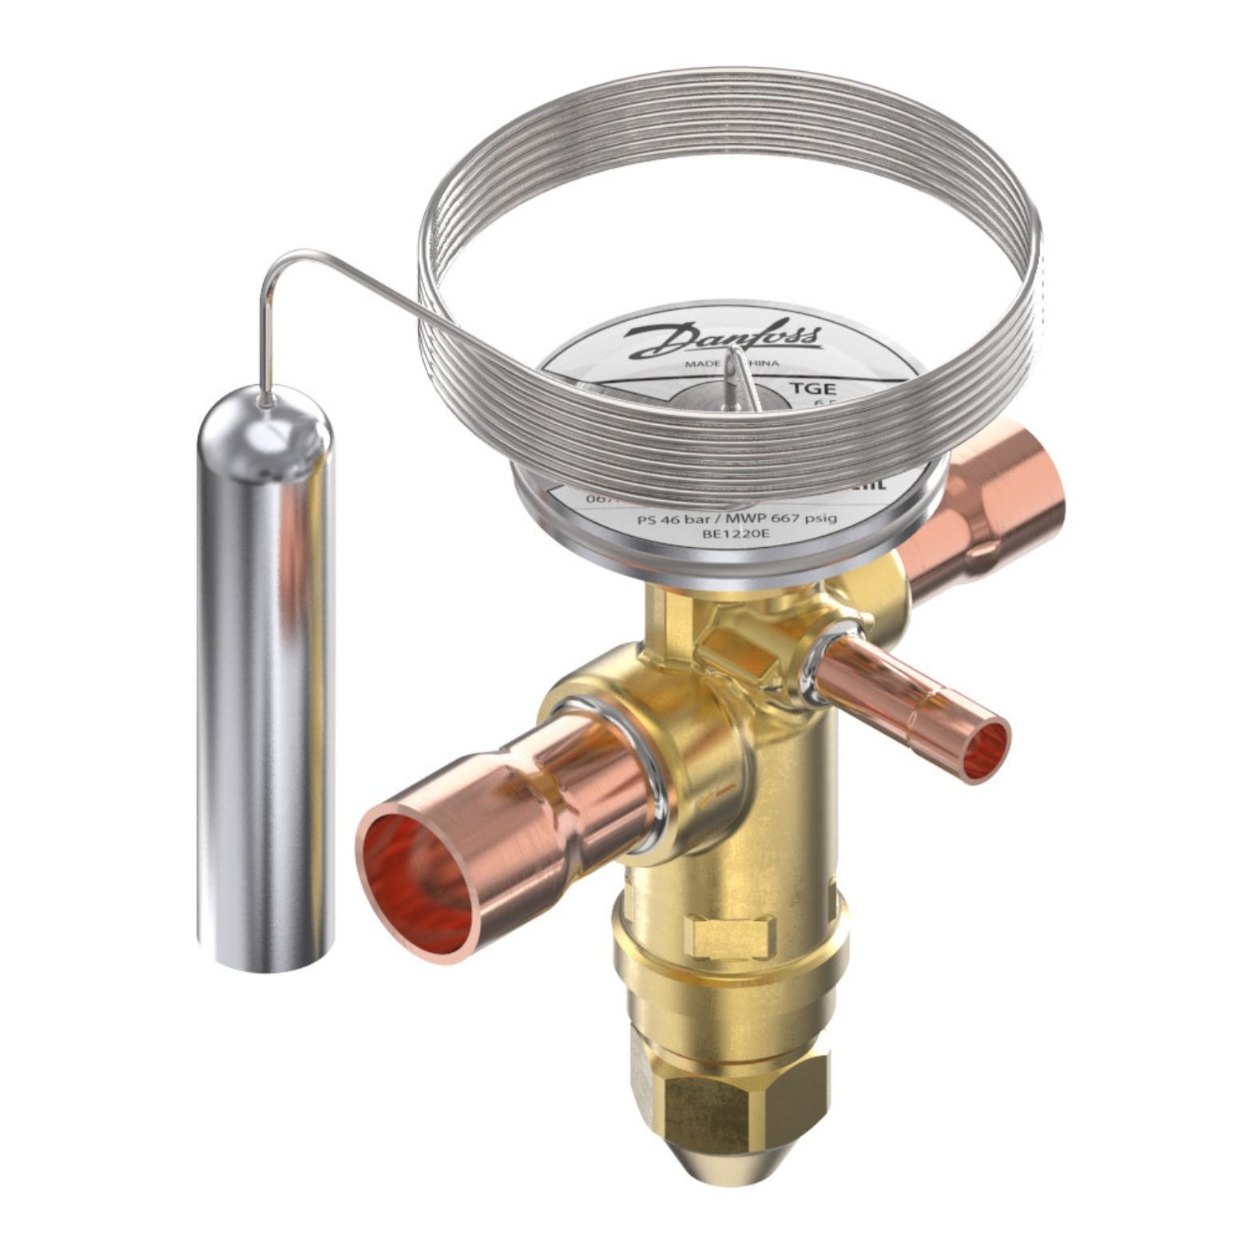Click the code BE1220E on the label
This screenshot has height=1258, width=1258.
[x=715, y=536]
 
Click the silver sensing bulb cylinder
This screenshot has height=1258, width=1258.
[x=263, y=679]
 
